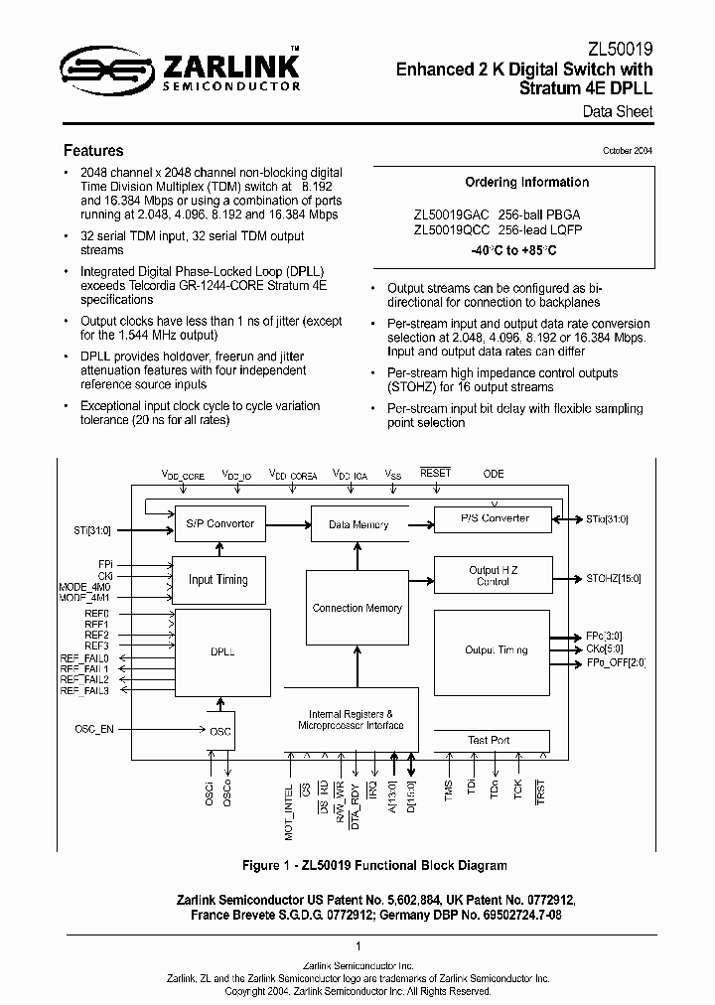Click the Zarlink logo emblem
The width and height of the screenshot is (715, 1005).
pyautogui.click(x=95, y=69)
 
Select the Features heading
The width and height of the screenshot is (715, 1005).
pyautogui.click(x=93, y=151)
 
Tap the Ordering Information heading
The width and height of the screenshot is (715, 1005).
pyautogui.click(x=526, y=183)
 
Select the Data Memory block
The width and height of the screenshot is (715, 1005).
pyautogui.click(x=357, y=524)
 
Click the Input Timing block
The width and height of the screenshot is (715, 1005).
pyautogui.click(x=218, y=579)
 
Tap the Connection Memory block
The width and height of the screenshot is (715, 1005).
pyautogui.click(x=357, y=608)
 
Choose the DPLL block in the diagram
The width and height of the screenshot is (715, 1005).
pyautogui.click(x=222, y=652)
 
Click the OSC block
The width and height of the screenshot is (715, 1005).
pyautogui.click(x=220, y=731)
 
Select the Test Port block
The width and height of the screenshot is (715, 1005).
pyautogui.click(x=489, y=740)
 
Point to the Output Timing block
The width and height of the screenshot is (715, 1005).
pyautogui.click(x=497, y=650)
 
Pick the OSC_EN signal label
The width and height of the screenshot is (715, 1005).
pyautogui.click(x=94, y=730)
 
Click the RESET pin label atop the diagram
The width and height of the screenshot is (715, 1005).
pyautogui.click(x=435, y=474)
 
